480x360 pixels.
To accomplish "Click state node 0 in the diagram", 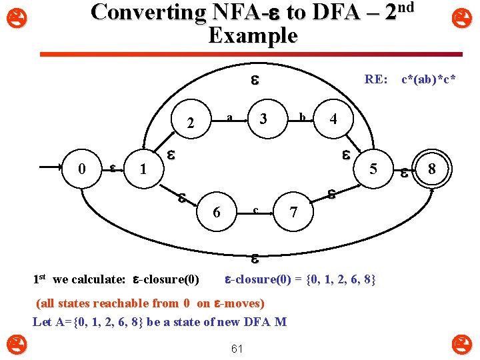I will click(82, 169).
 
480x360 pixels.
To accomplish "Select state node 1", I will click(141, 170).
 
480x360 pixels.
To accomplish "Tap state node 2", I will click(192, 123).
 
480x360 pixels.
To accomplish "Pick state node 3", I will click(263, 119).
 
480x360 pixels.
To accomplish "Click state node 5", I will click(374, 169).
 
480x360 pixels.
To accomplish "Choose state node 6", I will click(216, 212).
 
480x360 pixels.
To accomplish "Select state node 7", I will click(293, 213).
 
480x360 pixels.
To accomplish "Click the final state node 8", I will click(432, 169).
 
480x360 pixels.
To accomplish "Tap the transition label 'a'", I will click(229, 117).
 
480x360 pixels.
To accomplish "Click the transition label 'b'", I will click(301, 117).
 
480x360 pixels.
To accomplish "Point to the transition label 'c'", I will click(255, 211).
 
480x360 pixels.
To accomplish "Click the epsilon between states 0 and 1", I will click(113, 168).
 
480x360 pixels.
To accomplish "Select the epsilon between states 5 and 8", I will click(403, 172).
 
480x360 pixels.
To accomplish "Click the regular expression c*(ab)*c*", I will click(428, 80).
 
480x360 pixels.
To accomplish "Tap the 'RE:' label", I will click(375, 80).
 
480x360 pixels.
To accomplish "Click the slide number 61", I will click(237, 349).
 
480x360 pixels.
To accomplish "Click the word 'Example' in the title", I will click(253, 35).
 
